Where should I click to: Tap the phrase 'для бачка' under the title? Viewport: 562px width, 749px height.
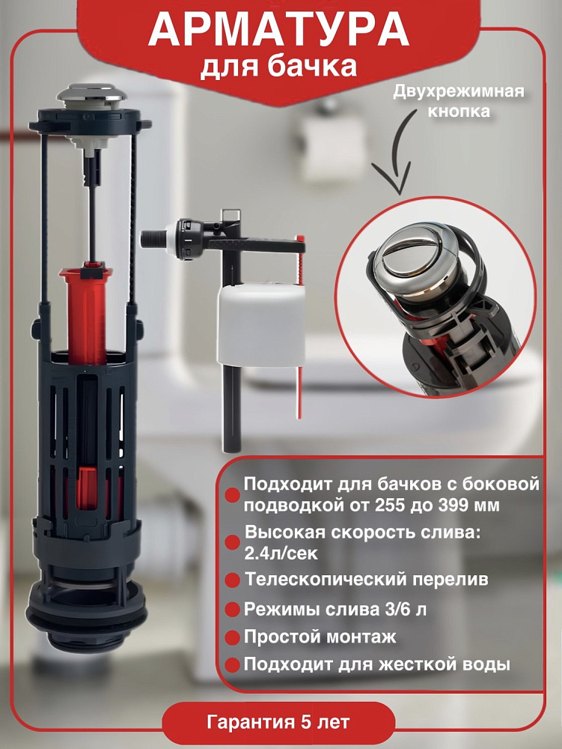click(x=278, y=66)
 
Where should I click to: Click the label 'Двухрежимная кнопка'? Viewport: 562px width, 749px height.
click(x=458, y=101)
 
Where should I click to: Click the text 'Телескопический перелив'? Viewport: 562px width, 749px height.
click(x=367, y=580)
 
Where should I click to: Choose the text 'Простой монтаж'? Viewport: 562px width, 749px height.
click(x=320, y=637)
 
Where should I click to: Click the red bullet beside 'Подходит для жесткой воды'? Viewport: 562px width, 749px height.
click(x=232, y=666)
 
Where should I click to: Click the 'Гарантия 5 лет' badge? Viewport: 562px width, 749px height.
click(x=278, y=722)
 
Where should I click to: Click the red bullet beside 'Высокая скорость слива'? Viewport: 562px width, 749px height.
click(x=232, y=542)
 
